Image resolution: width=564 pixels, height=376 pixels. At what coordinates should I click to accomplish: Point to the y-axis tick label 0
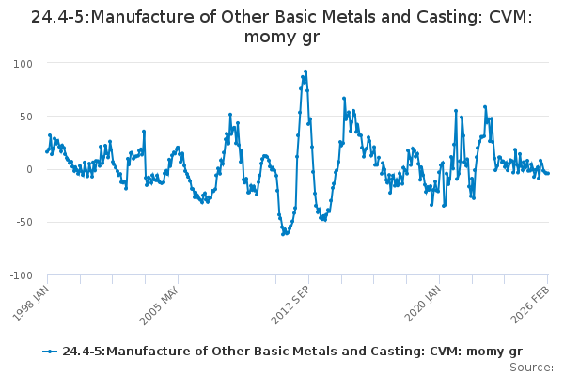click(x=29, y=169)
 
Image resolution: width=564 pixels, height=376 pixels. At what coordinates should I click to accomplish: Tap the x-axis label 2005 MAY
click(x=159, y=304)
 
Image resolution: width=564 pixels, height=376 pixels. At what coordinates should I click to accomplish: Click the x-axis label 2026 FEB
click(x=531, y=304)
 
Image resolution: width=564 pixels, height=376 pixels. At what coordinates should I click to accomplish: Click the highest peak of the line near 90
click(x=305, y=70)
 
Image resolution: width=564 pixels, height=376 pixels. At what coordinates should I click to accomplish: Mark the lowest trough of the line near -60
click(x=283, y=233)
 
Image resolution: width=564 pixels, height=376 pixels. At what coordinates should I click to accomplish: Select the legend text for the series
click(x=291, y=352)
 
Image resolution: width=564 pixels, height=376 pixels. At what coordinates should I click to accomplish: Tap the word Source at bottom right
click(x=534, y=368)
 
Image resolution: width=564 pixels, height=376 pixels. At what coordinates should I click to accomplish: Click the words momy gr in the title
click(x=281, y=38)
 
